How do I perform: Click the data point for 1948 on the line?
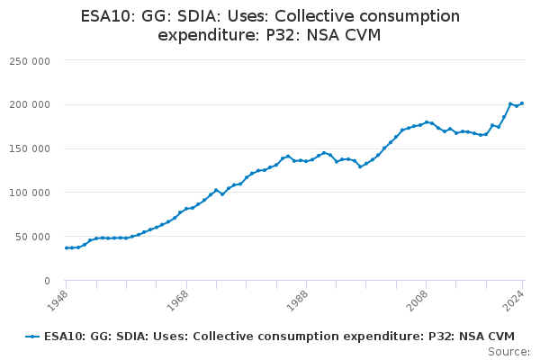pos(66,247)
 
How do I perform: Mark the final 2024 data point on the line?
pos(523,103)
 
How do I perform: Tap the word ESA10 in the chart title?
pos(107,16)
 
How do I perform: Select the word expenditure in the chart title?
pos(206,35)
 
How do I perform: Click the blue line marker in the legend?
pos(32,337)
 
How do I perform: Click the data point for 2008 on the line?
pos(427,121)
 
